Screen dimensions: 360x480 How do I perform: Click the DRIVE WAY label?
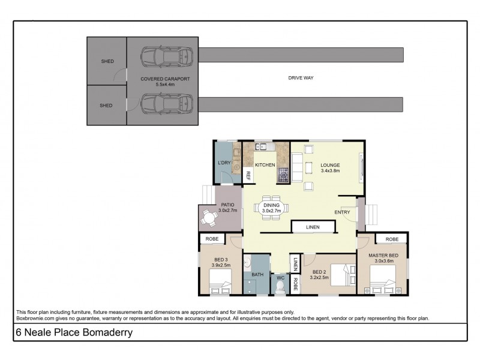pos(301,78)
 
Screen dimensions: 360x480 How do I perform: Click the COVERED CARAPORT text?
pos(160,79)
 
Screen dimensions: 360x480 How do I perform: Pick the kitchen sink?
pos(263,147)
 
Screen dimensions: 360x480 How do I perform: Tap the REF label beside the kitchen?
pos(248,176)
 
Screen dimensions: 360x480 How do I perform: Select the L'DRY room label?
pos(224,164)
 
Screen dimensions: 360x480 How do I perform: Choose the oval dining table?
pos(271,208)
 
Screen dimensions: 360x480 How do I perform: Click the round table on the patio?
pos(209,219)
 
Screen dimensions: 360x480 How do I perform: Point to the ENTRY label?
pos(342,212)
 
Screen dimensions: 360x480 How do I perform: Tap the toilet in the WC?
pos(280,287)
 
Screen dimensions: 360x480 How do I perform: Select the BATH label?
pos(257,275)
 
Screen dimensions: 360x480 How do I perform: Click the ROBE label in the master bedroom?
pos(392,239)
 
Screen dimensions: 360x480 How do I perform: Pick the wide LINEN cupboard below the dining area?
pos(313,227)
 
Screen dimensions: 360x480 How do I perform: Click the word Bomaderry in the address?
pos(107,332)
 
